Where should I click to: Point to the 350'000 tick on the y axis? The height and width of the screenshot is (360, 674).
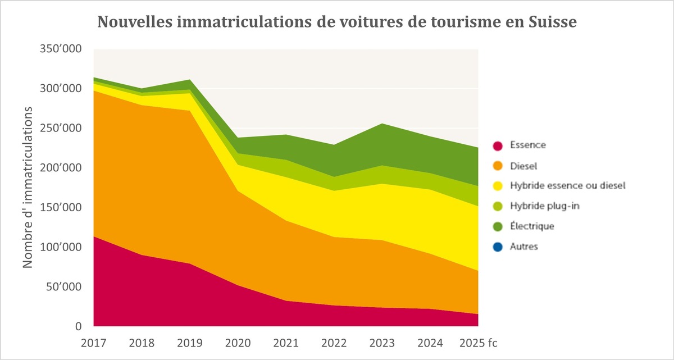[60, 49]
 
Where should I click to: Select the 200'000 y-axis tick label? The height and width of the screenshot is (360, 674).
[60, 168]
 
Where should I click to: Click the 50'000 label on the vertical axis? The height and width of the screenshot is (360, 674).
[63, 287]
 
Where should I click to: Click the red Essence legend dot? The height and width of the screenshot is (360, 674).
[497, 145]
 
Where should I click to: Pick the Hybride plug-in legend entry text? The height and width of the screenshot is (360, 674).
[537, 206]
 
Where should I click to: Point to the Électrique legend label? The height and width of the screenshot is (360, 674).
[532, 226]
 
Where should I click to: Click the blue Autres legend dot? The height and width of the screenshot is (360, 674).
[497, 247]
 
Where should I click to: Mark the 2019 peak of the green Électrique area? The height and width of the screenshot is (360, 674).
[190, 81]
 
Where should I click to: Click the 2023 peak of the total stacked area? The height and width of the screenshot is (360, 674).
[382, 124]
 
